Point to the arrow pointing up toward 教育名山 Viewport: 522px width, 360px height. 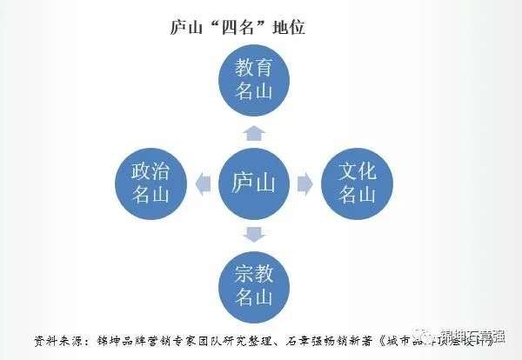tap(253, 132)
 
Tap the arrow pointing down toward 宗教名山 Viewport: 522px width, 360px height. tap(253, 233)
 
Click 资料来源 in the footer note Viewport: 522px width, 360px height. tap(58, 340)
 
